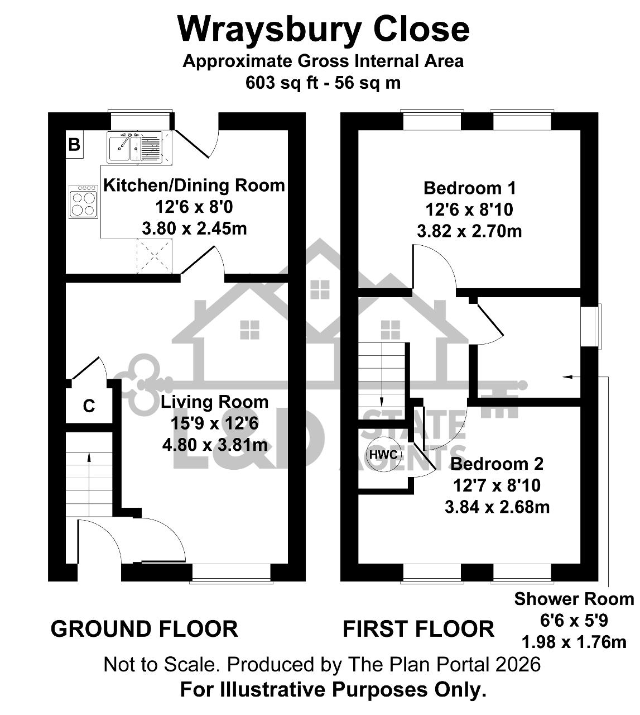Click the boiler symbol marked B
(74, 144)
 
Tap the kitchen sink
(134, 146)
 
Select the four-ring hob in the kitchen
(83, 202)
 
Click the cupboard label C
(89, 406)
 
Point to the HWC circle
(383, 454)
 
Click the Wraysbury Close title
(324, 30)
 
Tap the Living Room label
(214, 402)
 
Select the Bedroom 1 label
(469, 188)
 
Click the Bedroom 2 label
(497, 464)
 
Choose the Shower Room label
(574, 599)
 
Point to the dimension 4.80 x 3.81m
(215, 445)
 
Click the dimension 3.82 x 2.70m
(469, 231)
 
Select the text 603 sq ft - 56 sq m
(323, 83)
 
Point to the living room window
(232, 574)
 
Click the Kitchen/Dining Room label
(194, 185)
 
